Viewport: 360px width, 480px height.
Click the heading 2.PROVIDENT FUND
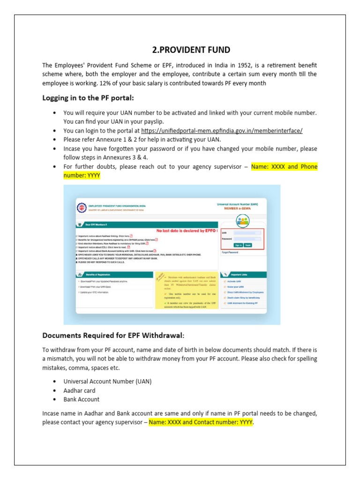pyautogui.click(x=191, y=50)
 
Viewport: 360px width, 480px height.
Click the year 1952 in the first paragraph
pyautogui.click(x=236, y=65)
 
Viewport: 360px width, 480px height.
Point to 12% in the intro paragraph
pyautogui.click(x=127, y=83)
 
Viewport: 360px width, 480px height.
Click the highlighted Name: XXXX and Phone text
pyautogui.click(x=284, y=166)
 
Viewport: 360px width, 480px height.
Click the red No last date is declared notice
pyautogui.click(x=186, y=231)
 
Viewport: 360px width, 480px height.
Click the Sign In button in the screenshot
pyautogui.click(x=238, y=245)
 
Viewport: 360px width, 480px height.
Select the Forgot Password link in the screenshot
pyautogui.click(x=230, y=252)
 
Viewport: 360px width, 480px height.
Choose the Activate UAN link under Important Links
pyautogui.click(x=235, y=281)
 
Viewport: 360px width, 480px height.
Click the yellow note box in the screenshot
pyautogui.click(x=186, y=291)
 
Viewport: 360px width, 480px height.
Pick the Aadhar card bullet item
pyautogui.click(x=79, y=390)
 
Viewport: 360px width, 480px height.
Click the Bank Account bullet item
pyautogui.click(x=82, y=399)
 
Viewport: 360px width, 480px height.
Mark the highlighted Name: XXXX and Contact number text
pyautogui.click(x=201, y=422)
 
